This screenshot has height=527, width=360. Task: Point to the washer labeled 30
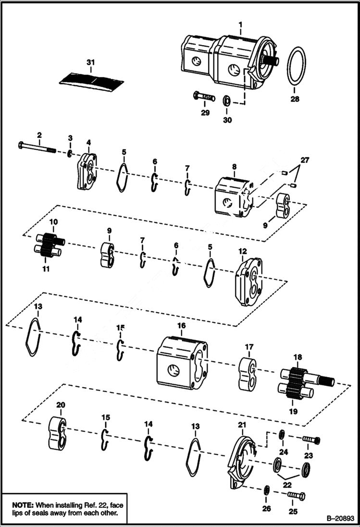pyautogui.click(x=226, y=101)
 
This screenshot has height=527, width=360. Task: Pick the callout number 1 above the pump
pyautogui.click(x=240, y=24)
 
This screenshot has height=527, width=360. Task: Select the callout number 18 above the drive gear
pyautogui.click(x=298, y=357)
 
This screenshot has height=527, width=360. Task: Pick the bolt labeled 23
pyautogui.click(x=311, y=440)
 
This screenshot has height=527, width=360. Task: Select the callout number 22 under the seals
pyautogui.click(x=288, y=486)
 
